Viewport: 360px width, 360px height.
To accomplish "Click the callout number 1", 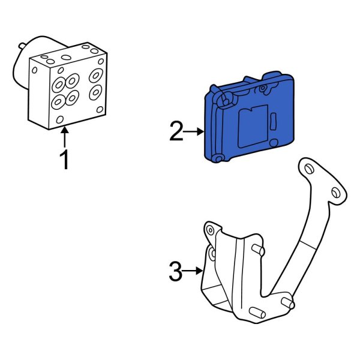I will tap(64, 160).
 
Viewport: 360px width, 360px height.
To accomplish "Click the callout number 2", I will tap(176, 131).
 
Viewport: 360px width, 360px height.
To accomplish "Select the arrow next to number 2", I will tap(195, 131).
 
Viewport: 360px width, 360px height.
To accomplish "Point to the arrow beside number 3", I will tap(193, 272).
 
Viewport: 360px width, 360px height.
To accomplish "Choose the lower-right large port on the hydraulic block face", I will tap(95, 94).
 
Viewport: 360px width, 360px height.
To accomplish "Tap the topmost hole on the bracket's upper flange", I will tap(308, 168).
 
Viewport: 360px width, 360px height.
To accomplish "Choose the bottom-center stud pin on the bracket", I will tap(255, 313).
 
